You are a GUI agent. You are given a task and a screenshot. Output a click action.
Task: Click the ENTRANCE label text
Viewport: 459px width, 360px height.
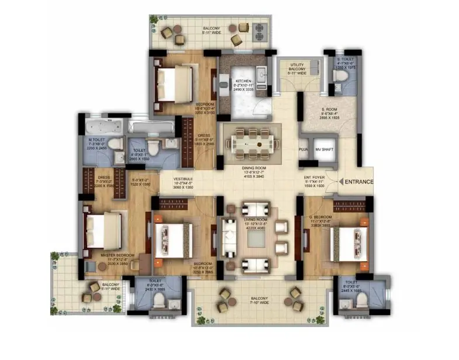coord(359,182)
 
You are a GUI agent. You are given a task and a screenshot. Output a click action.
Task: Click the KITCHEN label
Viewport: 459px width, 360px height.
coord(242,81)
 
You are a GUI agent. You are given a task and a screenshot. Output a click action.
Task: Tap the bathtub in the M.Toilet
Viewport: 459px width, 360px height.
coord(103,127)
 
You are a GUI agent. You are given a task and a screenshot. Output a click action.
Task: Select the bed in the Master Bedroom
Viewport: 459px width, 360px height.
coord(104,228)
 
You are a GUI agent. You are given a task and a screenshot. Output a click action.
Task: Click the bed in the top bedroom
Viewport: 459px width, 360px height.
coord(173,79)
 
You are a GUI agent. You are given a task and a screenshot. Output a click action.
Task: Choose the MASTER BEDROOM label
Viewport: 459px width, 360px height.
coord(118,256)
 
